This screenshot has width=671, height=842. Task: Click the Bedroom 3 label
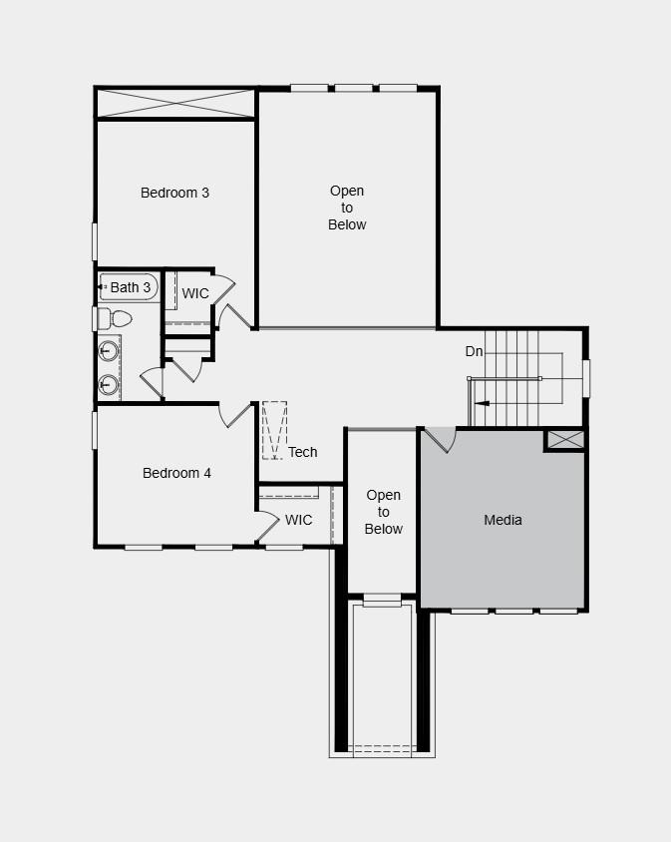[x=174, y=193]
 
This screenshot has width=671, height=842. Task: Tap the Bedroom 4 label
[x=176, y=473]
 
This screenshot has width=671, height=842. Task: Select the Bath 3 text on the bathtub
[x=131, y=287]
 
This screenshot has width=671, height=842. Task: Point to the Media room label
[x=503, y=520]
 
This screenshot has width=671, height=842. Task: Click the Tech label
[x=303, y=452]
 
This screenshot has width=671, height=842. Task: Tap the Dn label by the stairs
[x=475, y=351]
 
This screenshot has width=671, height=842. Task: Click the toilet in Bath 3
[x=117, y=319]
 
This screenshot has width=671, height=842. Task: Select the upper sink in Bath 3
[x=108, y=351]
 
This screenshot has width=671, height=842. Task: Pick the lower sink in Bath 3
[x=108, y=384]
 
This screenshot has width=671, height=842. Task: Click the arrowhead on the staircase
[x=482, y=403]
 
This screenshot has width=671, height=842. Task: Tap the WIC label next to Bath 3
[x=195, y=293]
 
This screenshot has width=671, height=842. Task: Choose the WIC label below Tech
[x=298, y=520]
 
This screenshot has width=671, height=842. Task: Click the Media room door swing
[x=439, y=440]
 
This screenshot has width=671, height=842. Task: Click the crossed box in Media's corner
[x=564, y=439]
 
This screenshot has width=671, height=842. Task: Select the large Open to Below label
[x=347, y=208]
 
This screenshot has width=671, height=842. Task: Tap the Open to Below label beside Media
[x=383, y=512]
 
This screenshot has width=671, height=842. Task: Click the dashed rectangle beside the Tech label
[x=274, y=430]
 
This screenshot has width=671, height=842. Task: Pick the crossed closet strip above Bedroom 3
[x=175, y=104]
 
